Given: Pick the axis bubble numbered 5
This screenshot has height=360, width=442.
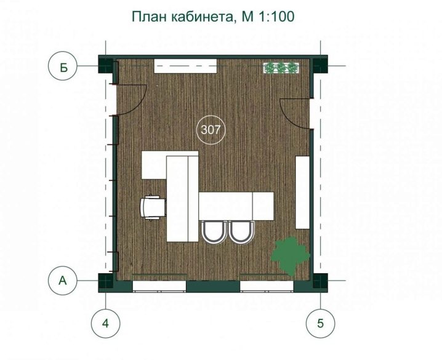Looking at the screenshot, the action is (x=321, y=323).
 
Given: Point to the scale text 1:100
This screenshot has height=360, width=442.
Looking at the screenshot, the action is (x=276, y=17).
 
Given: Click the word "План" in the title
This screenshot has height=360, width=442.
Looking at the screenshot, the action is (x=149, y=17).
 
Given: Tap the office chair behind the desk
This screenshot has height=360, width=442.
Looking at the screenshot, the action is (x=153, y=207).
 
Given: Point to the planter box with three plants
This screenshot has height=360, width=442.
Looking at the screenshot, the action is (x=281, y=68).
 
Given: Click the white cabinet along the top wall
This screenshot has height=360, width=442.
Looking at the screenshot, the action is (x=185, y=66).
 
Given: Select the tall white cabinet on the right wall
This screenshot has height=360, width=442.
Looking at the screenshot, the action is (x=302, y=193).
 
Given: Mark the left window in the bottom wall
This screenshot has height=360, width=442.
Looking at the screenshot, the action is (x=159, y=286).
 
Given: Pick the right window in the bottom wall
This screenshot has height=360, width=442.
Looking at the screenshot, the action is (x=267, y=286).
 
